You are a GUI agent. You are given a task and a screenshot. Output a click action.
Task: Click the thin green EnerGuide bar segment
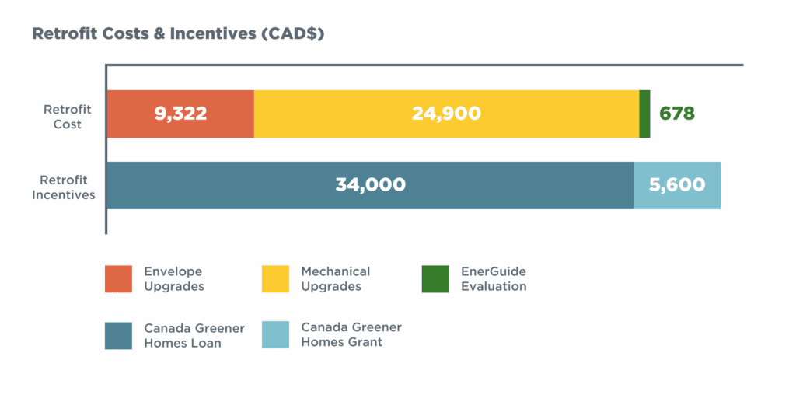pyautogui.click(x=644, y=114)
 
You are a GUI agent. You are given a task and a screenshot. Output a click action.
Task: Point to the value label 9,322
pyautogui.click(x=180, y=114)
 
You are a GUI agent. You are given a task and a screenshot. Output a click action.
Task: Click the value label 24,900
pyautogui.click(x=446, y=114)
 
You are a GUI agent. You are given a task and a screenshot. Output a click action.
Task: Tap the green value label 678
pyautogui.click(x=676, y=114)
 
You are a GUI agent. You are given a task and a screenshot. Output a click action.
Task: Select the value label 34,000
pyautogui.click(x=370, y=185)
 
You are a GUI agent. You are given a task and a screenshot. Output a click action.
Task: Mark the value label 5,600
pyautogui.click(x=677, y=185)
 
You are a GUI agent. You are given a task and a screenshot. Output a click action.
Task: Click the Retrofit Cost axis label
pyautogui.click(x=67, y=117)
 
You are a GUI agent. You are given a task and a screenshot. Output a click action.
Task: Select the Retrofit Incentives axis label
pyautogui.click(x=64, y=187)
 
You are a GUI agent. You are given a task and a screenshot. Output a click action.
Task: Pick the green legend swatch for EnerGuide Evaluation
pyautogui.click(x=435, y=279)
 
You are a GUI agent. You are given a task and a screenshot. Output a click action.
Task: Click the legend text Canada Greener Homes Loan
pyautogui.click(x=194, y=335)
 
